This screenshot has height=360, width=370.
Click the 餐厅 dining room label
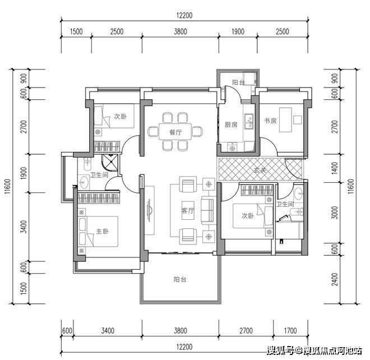(175, 132)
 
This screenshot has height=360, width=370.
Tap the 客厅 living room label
(188, 210)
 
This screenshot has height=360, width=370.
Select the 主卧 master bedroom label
(102, 231)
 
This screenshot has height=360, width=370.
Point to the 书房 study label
(270, 121)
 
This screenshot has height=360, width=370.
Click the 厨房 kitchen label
(231, 124)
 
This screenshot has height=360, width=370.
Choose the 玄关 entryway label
(260, 170)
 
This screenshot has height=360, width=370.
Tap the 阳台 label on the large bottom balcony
(180, 279)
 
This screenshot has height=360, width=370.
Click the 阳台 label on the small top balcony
(238, 82)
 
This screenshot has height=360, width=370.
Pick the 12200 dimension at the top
(184, 15)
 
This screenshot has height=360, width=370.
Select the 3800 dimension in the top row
(181, 31)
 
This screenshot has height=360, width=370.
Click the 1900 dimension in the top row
(238, 31)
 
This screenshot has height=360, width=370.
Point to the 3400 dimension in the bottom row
(108, 331)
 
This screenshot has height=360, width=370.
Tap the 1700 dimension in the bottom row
(290, 331)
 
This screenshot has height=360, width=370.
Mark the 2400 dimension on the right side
(335, 279)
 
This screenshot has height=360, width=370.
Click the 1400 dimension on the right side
(335, 168)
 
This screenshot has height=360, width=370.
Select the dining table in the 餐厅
(175, 131)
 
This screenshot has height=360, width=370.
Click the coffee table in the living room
(188, 210)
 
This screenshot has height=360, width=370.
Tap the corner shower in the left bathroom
(109, 163)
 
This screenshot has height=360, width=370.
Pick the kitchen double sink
(249, 121)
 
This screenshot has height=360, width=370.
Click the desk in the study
(285, 120)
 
